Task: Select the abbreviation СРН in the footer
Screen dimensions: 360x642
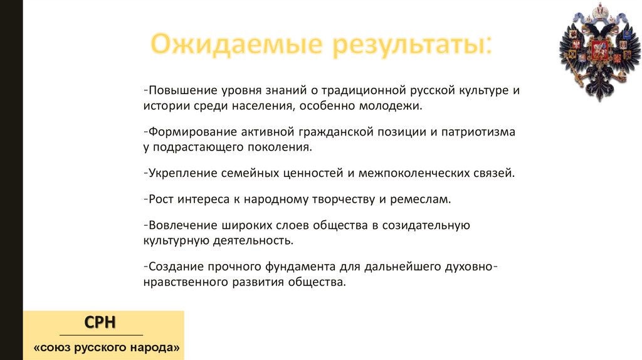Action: point(100,323)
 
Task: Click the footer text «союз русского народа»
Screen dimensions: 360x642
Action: point(106,347)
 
